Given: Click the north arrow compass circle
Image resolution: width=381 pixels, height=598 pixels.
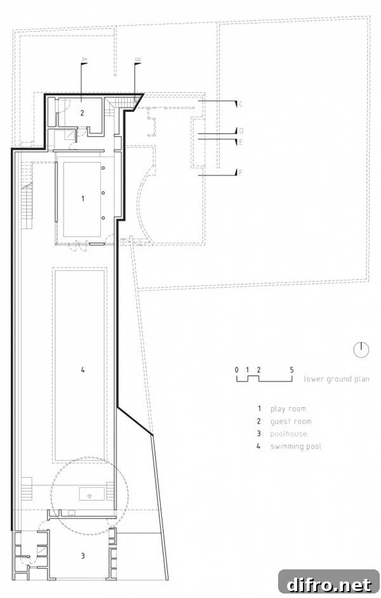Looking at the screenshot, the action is tap(361, 350).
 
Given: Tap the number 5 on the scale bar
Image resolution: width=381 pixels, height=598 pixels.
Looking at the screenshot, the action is tap(291, 370).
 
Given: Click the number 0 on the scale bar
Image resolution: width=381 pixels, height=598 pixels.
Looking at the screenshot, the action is tap(237, 370).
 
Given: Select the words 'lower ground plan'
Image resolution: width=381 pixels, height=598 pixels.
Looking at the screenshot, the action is tap(337, 379).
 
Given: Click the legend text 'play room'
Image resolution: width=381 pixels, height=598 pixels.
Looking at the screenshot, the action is tap(288, 409).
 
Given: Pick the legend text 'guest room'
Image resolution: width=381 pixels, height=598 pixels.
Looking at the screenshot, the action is tap(291, 421).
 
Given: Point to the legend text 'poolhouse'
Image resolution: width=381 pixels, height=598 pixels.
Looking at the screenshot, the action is tap(288, 434).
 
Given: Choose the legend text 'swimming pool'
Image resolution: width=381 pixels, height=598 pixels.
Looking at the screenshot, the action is tap(296, 446).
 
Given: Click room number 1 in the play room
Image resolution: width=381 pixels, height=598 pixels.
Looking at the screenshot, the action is tap(83, 198).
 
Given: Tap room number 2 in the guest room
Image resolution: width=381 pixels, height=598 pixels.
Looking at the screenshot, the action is tap(82, 113).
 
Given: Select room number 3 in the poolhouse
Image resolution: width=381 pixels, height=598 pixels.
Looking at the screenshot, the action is tap(83, 555).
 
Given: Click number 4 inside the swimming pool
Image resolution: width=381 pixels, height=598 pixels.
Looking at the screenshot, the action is tap(83, 369).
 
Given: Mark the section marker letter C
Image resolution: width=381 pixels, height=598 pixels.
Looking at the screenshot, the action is tap(241, 104).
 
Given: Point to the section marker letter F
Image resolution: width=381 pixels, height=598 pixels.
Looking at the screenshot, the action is tap(241, 173).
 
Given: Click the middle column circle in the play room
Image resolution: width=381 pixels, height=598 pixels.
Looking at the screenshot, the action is tap(103, 193).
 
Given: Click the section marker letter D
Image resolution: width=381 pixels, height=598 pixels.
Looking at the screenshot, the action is tap(241, 131).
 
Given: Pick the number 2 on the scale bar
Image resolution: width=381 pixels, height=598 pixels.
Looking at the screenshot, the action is tap(259, 370).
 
